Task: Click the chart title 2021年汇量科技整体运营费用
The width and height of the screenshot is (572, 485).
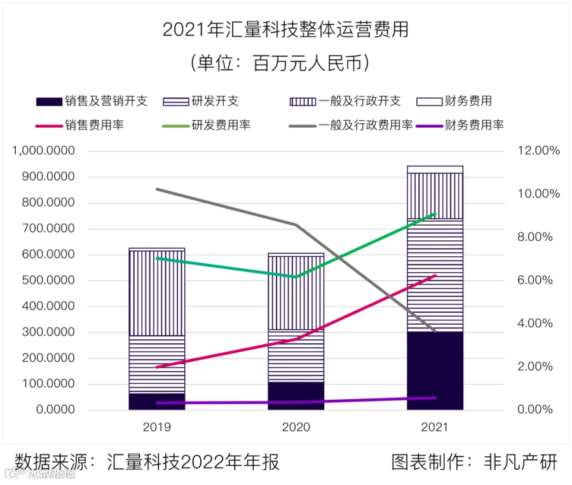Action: [285, 30]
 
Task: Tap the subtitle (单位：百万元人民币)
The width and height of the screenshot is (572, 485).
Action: [285, 64]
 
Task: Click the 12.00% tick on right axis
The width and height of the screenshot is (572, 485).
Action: [538, 151]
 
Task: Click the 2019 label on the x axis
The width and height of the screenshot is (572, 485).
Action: [157, 427]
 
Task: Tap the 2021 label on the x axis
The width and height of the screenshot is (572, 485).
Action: [435, 427]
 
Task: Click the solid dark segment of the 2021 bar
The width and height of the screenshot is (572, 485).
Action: [435, 371]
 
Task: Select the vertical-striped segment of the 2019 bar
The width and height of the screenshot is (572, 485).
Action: [157, 293]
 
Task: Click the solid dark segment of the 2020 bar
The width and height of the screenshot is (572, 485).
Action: [296, 395]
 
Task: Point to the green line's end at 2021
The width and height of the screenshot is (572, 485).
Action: [435, 214]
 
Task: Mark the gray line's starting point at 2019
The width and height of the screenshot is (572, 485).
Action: [157, 189]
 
